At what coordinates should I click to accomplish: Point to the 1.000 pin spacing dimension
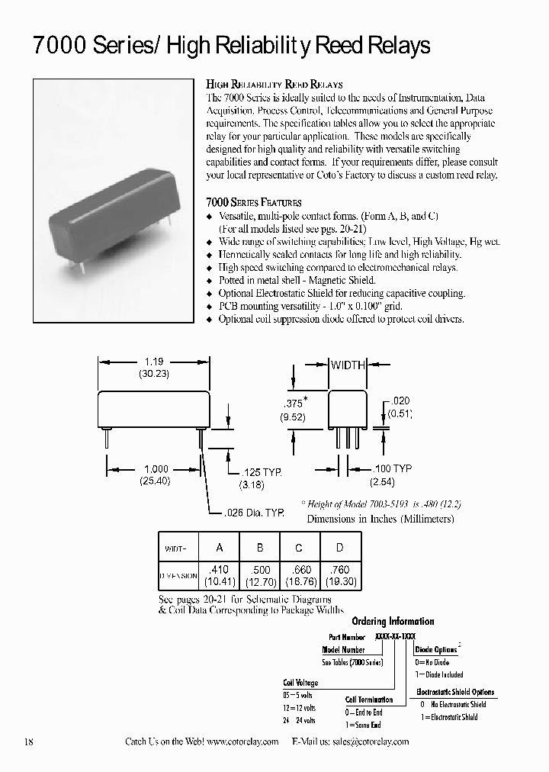pos(155,470)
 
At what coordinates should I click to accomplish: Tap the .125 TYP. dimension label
pos(259,473)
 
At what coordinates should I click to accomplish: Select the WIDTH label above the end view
pos(348,365)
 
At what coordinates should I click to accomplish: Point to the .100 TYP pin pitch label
pos(392,468)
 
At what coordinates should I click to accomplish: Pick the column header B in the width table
pos(259,548)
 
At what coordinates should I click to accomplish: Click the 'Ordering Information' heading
pos(403,621)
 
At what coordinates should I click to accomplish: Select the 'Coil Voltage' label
pos(300,683)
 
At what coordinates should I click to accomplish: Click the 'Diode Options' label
pos(436,650)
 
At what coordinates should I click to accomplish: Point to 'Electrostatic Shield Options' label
pos(455,692)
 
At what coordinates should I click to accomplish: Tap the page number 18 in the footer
pos(30,741)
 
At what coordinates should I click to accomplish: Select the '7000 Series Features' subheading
pos(254,202)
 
